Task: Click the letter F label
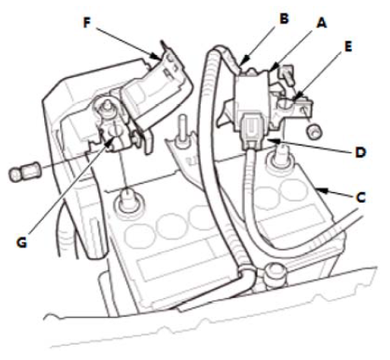click(86, 23)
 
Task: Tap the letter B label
click(284, 19)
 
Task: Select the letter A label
click(321, 23)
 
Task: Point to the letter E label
click(348, 47)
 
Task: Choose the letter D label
click(360, 152)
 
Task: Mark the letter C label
click(360, 197)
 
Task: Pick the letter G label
click(21, 242)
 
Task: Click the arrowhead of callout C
click(321, 191)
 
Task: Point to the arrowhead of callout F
click(158, 56)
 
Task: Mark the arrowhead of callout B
click(243, 62)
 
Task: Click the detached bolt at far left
click(25, 173)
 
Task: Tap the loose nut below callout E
click(315, 132)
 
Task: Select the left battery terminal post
click(128, 199)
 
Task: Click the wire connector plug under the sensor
click(253, 130)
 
